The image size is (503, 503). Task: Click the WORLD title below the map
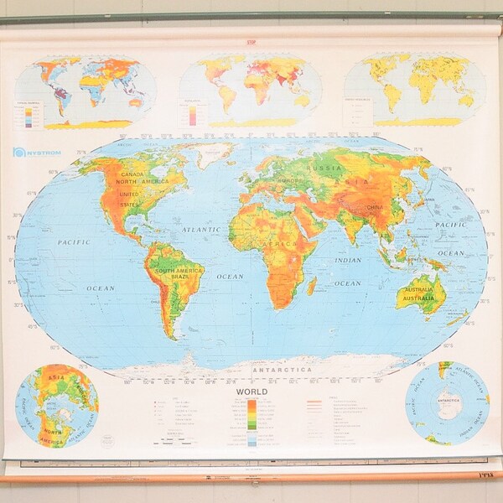(x=251, y=392)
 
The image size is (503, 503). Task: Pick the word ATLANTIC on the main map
(x=201, y=229)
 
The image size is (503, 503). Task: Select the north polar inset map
(x=57, y=405)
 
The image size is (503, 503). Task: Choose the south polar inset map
(x=447, y=403)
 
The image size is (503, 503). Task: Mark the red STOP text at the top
(x=251, y=42)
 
